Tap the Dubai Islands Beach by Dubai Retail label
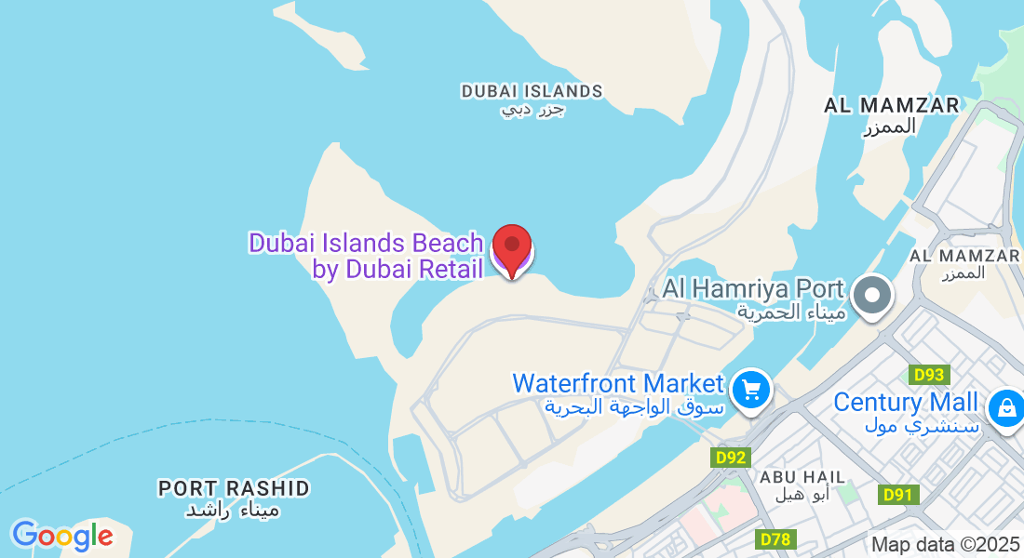pos(366,256)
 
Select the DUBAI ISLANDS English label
pos(532,91)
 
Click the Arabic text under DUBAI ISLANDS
pos(533,110)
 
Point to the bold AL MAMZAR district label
pos(891,105)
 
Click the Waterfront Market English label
pos(618,383)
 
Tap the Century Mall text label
pos(906,403)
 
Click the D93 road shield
pos(929,375)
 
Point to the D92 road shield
pos(732,458)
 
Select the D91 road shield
pos(898,495)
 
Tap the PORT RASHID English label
pos(234,488)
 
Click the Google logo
pos(62,536)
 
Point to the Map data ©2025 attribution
pos(945,545)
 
